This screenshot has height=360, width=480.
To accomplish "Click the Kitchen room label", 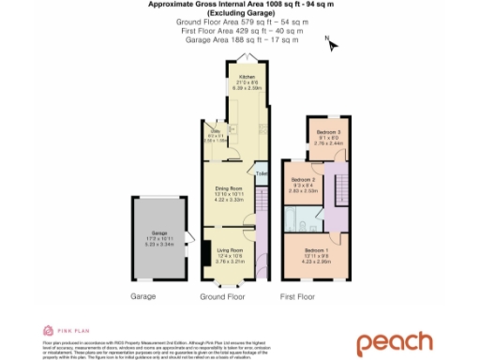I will tap(247, 78).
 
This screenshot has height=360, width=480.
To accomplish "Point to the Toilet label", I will tap(262, 173).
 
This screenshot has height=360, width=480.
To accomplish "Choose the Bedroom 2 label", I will tap(302, 178).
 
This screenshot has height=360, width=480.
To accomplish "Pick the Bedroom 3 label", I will tap(326, 132).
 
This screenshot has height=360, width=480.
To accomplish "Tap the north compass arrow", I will tap(330, 42).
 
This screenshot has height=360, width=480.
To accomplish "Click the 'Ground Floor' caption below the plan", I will tap(222, 295).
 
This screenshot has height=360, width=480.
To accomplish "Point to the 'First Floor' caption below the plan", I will tap(298, 295).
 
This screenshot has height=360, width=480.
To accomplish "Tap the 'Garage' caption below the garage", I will tap(142, 295).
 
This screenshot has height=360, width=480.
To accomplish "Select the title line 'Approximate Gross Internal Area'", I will tap(239, 5).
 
